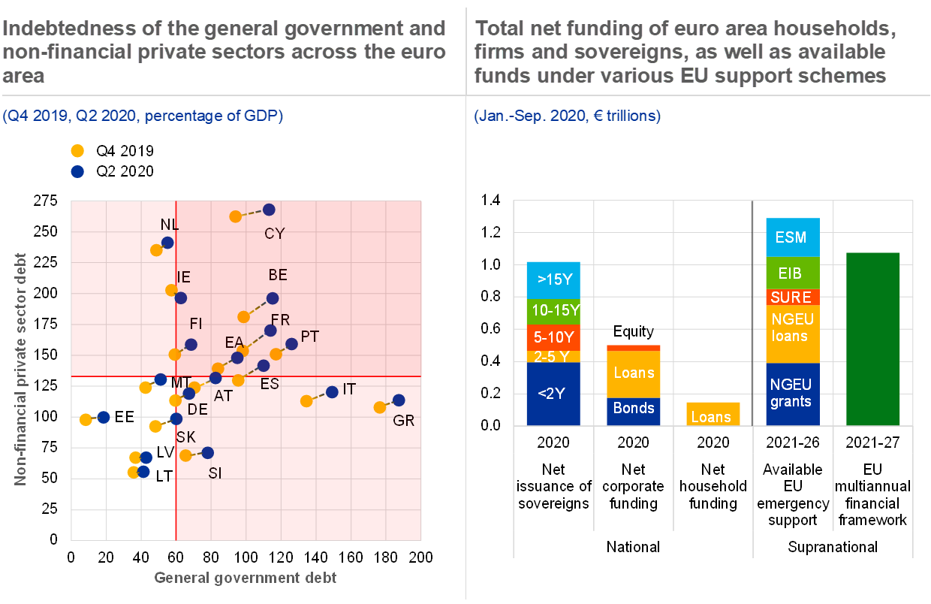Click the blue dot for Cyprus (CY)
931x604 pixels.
point(270,210)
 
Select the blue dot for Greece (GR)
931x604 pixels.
point(399,400)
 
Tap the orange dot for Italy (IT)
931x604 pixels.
point(306,401)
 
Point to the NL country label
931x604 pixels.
point(170,225)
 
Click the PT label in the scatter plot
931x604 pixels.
point(310,337)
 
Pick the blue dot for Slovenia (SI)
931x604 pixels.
point(208,453)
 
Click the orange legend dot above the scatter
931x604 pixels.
point(77,150)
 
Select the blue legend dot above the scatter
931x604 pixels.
point(77,171)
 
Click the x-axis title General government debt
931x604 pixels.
point(246,578)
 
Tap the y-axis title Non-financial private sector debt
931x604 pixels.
point(21,368)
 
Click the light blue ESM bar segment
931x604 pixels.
point(792,237)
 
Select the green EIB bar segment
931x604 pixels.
point(792,273)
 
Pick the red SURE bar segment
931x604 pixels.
point(792,297)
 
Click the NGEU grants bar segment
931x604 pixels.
point(792,394)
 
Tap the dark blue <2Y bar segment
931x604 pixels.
point(553,394)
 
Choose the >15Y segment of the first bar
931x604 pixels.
point(553,279)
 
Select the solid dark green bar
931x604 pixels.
point(873,339)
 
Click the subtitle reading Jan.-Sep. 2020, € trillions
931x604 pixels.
point(568,116)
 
